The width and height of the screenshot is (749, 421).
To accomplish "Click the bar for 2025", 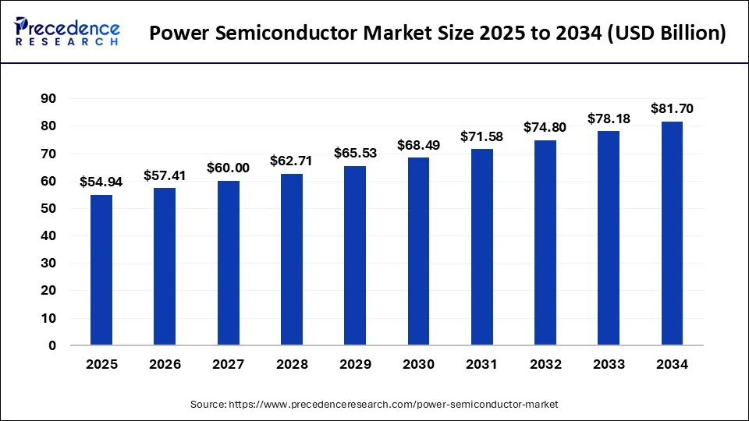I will point(101,270).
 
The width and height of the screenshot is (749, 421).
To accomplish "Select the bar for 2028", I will point(292,259).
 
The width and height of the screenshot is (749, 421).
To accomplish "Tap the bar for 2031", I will point(481,246).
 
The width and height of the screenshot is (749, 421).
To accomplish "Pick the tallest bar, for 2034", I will point(672,233).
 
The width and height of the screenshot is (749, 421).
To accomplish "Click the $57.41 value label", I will point(165,176).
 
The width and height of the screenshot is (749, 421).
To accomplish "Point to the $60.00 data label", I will point(228,168).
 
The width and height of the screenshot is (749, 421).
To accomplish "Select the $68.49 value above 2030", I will point(418,145).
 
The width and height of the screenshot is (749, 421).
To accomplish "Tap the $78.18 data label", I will point(609,119).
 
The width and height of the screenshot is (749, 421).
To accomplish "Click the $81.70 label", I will point(672,108).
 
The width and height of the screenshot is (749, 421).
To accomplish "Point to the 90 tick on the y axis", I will point(48,98).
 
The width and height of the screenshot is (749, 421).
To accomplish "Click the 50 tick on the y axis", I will point(48,208).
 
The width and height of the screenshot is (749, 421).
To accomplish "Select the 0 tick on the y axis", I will point(52,345).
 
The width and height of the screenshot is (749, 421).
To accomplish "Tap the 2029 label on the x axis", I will point(355,364).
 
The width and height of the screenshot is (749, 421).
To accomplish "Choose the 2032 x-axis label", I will point(545,364).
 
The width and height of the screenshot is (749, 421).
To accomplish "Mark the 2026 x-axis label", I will point(165,364).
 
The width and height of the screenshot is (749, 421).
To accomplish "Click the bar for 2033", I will point(609,238).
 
